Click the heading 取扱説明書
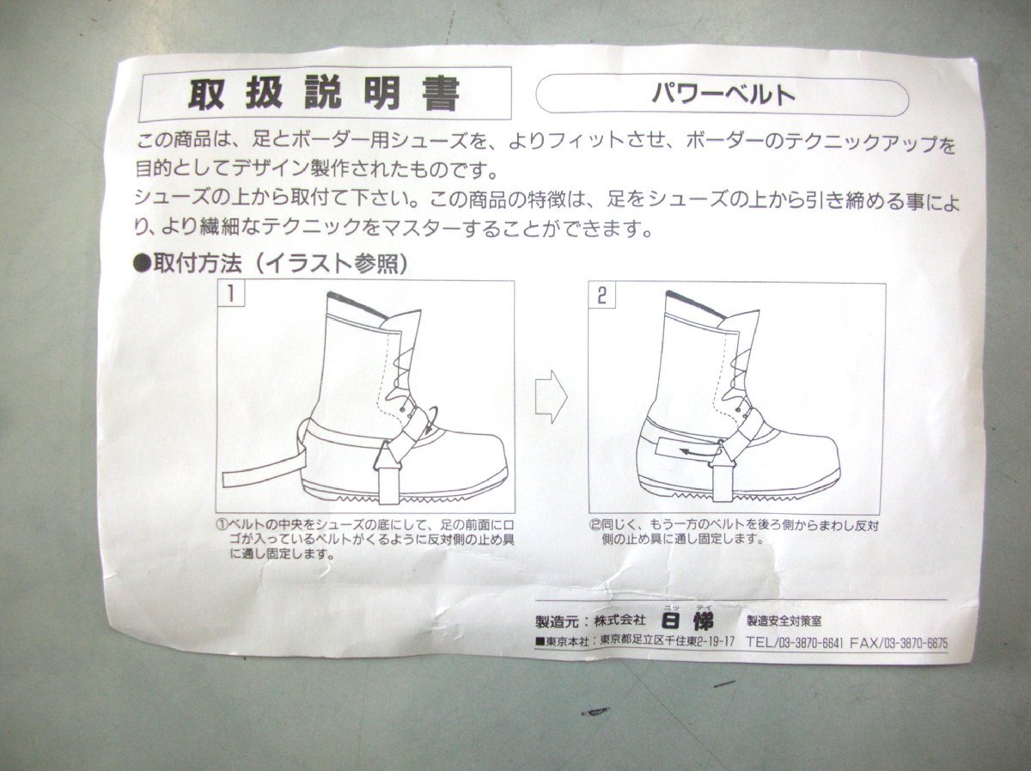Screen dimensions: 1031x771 click(323, 94)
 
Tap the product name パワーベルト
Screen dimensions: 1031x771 click(723, 95)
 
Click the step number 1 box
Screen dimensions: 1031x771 click(230, 294)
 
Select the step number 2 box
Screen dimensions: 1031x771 click(602, 297)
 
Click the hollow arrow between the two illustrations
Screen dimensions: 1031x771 click(552, 397)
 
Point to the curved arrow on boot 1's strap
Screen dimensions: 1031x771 click(430, 421)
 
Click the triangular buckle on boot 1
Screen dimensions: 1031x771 click(387, 456)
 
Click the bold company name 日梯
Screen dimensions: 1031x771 click(687, 621)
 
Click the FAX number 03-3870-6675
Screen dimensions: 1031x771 click(916, 644)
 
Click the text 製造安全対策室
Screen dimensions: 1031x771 click(784, 621)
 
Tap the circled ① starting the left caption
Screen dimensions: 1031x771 click(222, 523)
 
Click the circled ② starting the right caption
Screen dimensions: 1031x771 click(595, 524)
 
